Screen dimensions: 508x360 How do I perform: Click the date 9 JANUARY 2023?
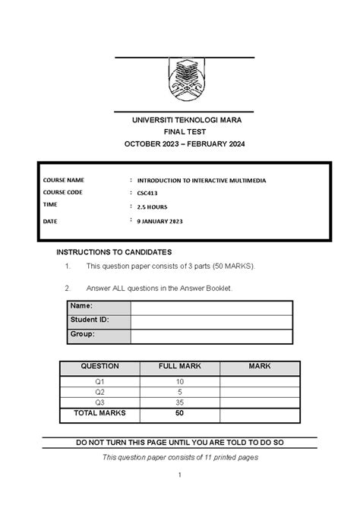point(159,221)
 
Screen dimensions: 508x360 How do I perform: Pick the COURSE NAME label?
point(64,180)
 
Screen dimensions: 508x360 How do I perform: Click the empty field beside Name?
point(210,307)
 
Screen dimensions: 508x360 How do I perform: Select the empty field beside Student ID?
point(210,320)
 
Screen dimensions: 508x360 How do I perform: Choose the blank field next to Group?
point(210,335)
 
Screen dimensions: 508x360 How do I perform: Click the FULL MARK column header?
point(179,366)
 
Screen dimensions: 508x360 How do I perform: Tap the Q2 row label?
point(100,392)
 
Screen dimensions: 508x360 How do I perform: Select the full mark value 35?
point(179,402)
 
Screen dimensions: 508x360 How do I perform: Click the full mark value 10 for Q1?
point(179,380)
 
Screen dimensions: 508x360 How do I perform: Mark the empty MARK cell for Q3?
point(259,402)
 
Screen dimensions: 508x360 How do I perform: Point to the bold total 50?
point(179,414)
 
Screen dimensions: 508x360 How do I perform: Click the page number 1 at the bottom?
point(180,475)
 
